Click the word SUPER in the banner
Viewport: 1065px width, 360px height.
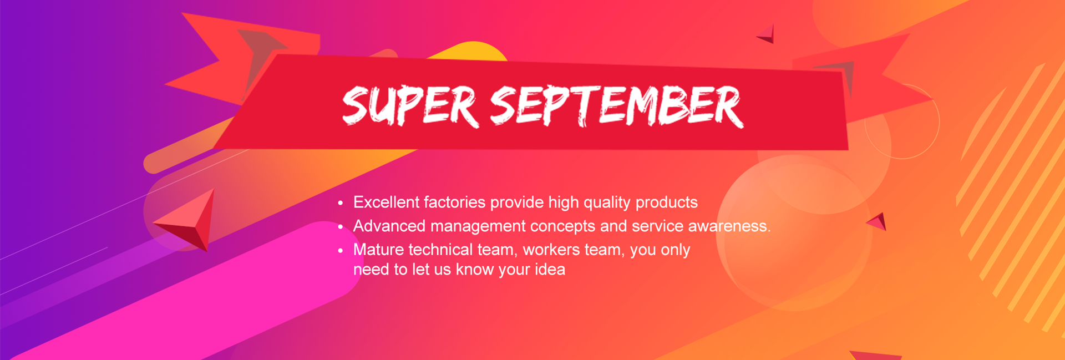pyautogui.click(x=409, y=105)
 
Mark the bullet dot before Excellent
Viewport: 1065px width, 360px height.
pyautogui.click(x=341, y=203)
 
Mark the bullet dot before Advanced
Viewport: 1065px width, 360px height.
pyautogui.click(x=341, y=227)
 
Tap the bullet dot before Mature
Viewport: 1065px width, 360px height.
pyautogui.click(x=341, y=251)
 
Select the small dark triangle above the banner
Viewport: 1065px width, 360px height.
pyautogui.click(x=767, y=34)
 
